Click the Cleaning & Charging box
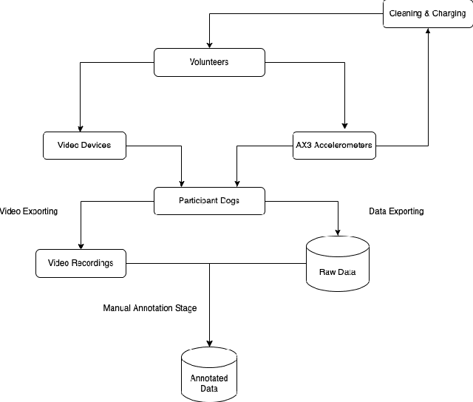pyautogui.click(x=427, y=13)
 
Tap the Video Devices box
pyautogui.click(x=84, y=145)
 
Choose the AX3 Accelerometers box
pyautogui.click(x=333, y=145)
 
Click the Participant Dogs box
pyautogui.click(x=208, y=200)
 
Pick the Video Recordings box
pyautogui.click(x=81, y=263)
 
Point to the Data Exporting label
pyautogui.click(x=396, y=211)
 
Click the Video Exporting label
pyautogui.click(x=29, y=211)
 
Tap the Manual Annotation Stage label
pyautogui.click(x=149, y=307)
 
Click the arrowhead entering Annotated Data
pyautogui.click(x=209, y=343)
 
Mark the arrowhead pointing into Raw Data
pyautogui.click(x=338, y=231)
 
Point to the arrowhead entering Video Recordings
pyautogui.click(x=81, y=246)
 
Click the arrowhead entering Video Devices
pyautogui.click(x=81, y=128)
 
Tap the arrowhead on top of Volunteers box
pyautogui.click(x=210, y=44)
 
